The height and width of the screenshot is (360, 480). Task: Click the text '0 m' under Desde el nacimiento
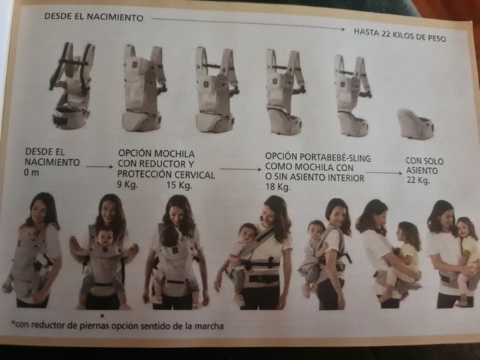[x=31, y=172]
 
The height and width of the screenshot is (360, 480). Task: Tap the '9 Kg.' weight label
[x=127, y=184]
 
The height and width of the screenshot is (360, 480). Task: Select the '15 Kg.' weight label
[x=179, y=185]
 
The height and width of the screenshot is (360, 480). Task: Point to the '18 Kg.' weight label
[x=277, y=187]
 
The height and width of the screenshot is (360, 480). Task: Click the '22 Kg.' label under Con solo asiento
[x=418, y=180]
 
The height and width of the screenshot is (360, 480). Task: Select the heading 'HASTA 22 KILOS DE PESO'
[x=400, y=34]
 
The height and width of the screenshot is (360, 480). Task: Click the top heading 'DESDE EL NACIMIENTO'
[x=94, y=16]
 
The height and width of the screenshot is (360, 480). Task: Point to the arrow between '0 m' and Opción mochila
[x=100, y=166]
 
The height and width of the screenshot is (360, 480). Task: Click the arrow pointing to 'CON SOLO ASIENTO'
[x=384, y=172]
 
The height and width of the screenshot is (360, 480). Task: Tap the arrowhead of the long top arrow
[x=343, y=29]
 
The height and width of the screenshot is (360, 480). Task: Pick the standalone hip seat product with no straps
[x=415, y=123]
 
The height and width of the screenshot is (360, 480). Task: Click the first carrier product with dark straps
[x=72, y=85]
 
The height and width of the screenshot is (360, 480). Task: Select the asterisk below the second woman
[x=103, y=315]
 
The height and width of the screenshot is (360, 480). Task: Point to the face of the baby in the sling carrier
[x=247, y=233]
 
